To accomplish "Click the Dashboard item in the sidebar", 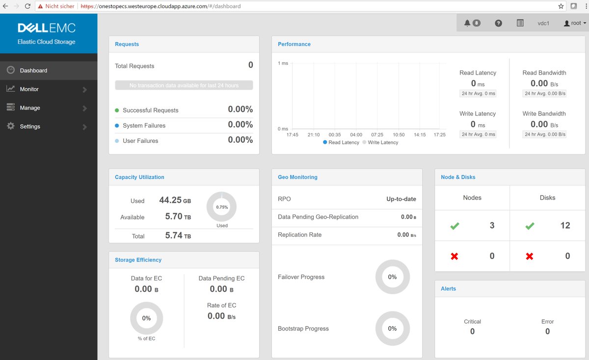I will [x=33, y=71].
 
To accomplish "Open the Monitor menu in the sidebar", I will [x=29, y=89].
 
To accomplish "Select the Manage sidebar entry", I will [x=30, y=108].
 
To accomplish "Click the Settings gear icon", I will [x=11, y=126].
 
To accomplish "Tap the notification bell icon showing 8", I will [x=472, y=23].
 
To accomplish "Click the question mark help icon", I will [x=498, y=23].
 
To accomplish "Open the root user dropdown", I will [x=575, y=23].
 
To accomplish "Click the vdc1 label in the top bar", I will [x=543, y=23].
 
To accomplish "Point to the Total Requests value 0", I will [x=250, y=65].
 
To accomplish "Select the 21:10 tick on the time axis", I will [x=314, y=135].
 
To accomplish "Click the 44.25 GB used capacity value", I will [x=175, y=200].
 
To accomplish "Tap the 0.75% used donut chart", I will [x=222, y=207].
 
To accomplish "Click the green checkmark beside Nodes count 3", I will [x=455, y=226].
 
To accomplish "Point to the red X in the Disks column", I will [x=530, y=256].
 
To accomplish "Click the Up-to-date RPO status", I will [x=401, y=199].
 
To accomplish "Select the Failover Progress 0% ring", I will [x=392, y=277].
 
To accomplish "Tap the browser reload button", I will [x=27, y=6].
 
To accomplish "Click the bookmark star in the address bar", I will [x=561, y=6].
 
